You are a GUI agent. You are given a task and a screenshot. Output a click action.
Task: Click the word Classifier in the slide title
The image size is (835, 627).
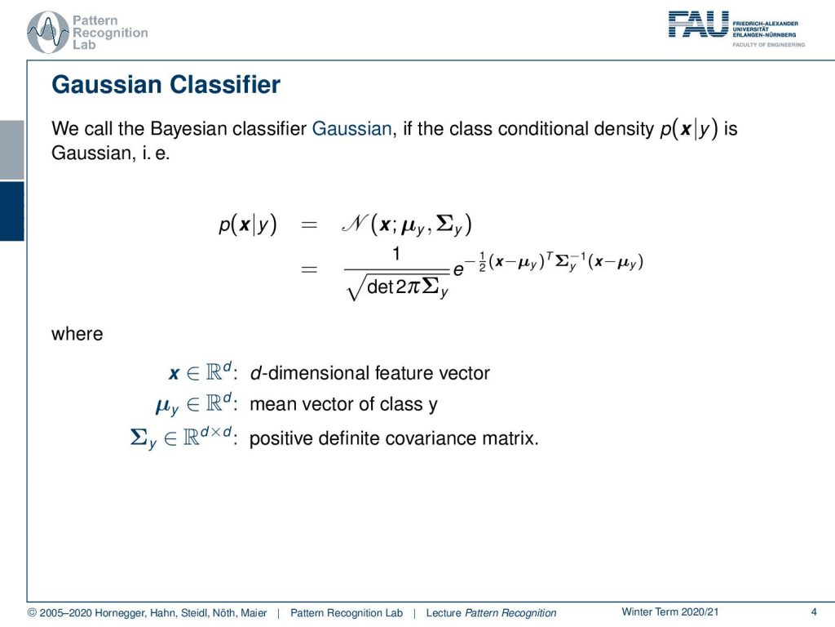pyautogui.click(x=225, y=85)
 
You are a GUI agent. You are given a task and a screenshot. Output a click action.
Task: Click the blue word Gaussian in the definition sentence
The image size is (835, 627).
pyautogui.click(x=351, y=129)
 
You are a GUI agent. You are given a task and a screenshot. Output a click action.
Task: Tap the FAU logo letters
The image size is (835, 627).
pyautogui.click(x=698, y=24)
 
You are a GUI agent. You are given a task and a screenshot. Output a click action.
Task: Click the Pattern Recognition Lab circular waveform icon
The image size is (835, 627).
pyautogui.click(x=48, y=32)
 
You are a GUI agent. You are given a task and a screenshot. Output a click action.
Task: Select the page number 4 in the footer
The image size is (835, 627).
pyautogui.click(x=814, y=612)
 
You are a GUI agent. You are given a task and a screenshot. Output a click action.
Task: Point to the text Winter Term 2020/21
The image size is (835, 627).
pyautogui.click(x=670, y=612)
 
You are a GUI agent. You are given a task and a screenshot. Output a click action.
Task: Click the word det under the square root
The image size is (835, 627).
pyautogui.click(x=380, y=287)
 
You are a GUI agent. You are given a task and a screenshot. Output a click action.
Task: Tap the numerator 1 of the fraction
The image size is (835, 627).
pyautogui.click(x=396, y=254)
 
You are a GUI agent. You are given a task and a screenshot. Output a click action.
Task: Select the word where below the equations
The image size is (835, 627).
pyautogui.click(x=77, y=334)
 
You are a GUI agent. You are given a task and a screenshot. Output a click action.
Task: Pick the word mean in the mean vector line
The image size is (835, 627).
pyautogui.click(x=272, y=405)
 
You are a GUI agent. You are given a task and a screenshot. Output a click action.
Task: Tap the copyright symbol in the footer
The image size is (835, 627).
pyautogui.click(x=32, y=613)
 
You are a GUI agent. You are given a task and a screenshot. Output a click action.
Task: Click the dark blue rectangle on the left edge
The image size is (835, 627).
pyautogui.click(x=11, y=211)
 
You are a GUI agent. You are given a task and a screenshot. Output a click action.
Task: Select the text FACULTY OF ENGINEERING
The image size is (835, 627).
pyautogui.click(x=768, y=45)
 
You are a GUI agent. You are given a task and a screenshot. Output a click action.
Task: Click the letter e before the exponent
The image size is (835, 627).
pyautogui.click(x=458, y=271)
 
